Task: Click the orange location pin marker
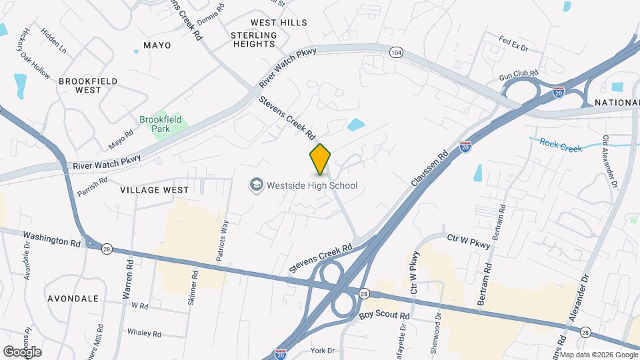coord(321,159)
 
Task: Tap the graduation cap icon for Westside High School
coord(255,185)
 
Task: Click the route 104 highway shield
coord(397,52)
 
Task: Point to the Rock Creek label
coord(561,144)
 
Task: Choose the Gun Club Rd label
coord(519,75)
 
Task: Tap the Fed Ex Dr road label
coord(513,48)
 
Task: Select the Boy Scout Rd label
coord(384,315)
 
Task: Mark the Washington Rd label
coord(51,239)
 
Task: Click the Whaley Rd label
coord(141,331)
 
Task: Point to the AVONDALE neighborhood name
coord(73,299)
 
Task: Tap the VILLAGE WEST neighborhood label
coord(155,190)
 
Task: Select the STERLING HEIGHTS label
coord(254,39)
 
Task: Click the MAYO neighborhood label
coord(157,45)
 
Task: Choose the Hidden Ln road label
coord(54,41)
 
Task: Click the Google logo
coord(22,351)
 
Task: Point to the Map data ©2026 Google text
coord(599,355)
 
